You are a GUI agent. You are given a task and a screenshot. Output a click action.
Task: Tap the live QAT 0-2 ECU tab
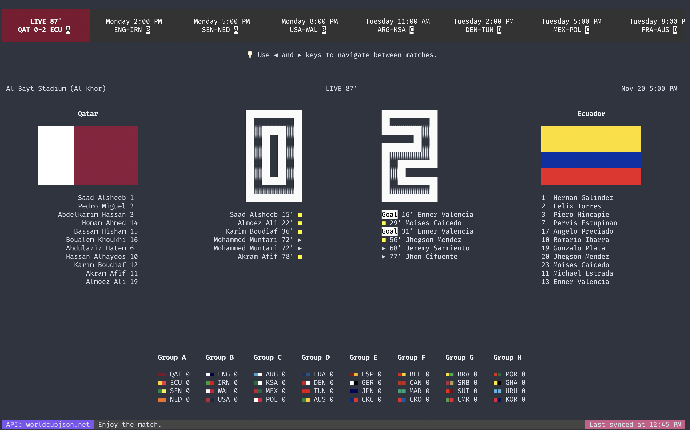pyautogui.click(x=46, y=26)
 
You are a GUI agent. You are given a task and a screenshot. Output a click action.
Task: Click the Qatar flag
pyautogui.click(x=88, y=156)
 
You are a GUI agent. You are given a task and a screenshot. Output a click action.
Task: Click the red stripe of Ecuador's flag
pyautogui.click(x=591, y=177)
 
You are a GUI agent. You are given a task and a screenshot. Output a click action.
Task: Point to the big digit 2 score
pyautogui.click(x=409, y=156)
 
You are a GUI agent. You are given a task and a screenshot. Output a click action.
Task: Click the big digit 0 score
pyautogui.click(x=273, y=156)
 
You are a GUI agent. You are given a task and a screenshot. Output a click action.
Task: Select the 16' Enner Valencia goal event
pyautogui.click(x=427, y=214)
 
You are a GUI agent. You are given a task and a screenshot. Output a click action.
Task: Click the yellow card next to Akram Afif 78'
pyautogui.click(x=300, y=257)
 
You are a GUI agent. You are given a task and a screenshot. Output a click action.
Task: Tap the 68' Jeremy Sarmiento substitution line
pyautogui.click(x=425, y=248)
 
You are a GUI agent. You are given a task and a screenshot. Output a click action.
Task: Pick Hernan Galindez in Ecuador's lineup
pyautogui.click(x=583, y=198)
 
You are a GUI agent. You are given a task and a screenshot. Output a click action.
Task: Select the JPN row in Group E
pyautogui.click(x=365, y=391)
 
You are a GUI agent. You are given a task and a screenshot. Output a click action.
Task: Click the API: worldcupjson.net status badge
pyautogui.click(x=48, y=425)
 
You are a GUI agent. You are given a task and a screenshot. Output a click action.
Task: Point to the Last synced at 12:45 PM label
pyautogui.click(x=635, y=425)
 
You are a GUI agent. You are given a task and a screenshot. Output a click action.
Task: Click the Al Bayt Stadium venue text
pyautogui.click(x=56, y=88)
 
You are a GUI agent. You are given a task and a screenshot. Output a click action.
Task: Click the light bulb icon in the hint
pyautogui.click(x=250, y=55)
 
